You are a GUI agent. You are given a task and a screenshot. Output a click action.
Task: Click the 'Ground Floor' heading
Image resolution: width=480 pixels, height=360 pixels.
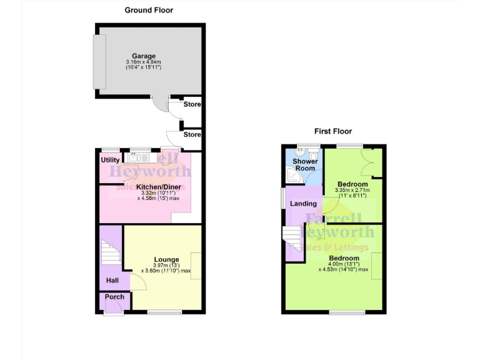tap(149, 10)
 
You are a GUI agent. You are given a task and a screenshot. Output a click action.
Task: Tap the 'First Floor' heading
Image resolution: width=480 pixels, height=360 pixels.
tap(332, 131)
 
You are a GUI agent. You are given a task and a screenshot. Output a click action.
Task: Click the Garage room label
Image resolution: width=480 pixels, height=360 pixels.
tap(144, 56)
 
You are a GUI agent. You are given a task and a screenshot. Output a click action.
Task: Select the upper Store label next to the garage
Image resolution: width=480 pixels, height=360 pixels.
tap(192, 104)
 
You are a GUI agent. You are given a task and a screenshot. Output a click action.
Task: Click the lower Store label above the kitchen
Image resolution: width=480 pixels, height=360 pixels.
tap(192, 134)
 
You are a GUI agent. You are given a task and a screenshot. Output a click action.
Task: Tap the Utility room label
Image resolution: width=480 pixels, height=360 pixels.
tap(110, 161)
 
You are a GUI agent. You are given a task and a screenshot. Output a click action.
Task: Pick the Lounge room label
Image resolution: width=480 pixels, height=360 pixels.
tap(167, 259)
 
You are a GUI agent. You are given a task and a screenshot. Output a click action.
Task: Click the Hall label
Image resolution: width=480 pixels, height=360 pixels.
tap(112, 281)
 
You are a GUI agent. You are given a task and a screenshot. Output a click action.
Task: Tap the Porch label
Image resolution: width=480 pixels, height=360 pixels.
tap(114, 297)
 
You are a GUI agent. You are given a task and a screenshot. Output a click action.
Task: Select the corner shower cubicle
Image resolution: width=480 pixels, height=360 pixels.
tap(292, 179)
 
